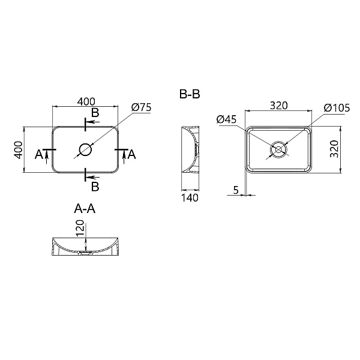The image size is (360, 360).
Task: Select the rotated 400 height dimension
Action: (x=18, y=149)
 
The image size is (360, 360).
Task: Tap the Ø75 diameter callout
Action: (x=140, y=107)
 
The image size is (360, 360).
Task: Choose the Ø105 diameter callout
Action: (x=336, y=107)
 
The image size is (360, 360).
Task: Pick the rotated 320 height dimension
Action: (x=335, y=149)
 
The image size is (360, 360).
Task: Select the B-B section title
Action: (x=190, y=95)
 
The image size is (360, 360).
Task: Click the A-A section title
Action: (x=85, y=209)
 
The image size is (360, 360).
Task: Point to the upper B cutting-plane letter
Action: (x=95, y=113)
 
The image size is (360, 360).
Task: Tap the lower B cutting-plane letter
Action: (x=95, y=185)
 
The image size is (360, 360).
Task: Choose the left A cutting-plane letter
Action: (x=39, y=155)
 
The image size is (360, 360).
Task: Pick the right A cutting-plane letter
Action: (x=132, y=155)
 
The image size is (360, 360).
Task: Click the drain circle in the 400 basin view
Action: (x=85, y=149)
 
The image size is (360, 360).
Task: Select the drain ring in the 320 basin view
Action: (x=279, y=149)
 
